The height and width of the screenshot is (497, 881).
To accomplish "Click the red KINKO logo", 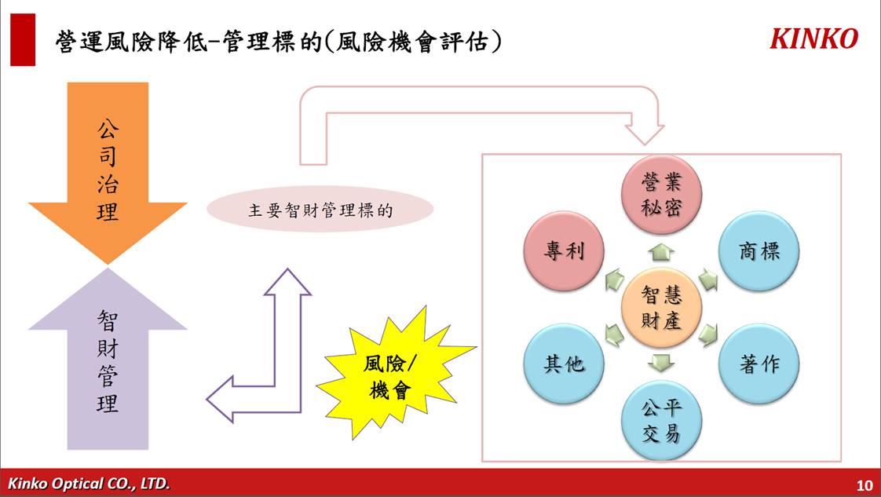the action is (x=813, y=38).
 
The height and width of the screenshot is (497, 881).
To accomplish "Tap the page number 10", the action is (x=865, y=484).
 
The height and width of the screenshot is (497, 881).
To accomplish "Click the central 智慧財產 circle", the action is (x=661, y=308).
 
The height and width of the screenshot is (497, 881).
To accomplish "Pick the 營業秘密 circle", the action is (x=661, y=195).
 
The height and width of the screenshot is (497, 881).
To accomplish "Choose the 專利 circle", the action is (x=564, y=251).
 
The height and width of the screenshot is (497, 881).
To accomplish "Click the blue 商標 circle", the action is (x=759, y=251).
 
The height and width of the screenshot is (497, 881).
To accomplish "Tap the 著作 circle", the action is (x=759, y=364).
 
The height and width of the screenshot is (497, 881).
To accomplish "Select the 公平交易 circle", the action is (x=661, y=420).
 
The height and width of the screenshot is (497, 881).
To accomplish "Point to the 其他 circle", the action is (x=564, y=364).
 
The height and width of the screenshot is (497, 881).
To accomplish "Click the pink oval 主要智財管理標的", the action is (x=320, y=210).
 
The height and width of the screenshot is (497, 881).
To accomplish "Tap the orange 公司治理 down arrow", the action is (x=108, y=174).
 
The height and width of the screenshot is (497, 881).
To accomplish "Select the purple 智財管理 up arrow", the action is (x=108, y=358).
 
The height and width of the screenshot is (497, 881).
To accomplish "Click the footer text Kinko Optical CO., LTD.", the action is (x=89, y=484).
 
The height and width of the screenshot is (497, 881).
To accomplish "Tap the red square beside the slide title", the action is (x=23, y=40).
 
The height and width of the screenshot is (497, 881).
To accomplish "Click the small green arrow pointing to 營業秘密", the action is (x=661, y=253).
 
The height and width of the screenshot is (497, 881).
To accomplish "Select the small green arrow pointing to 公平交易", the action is (x=661, y=363).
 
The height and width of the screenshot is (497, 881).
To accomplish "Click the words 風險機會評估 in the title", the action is (x=413, y=42).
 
